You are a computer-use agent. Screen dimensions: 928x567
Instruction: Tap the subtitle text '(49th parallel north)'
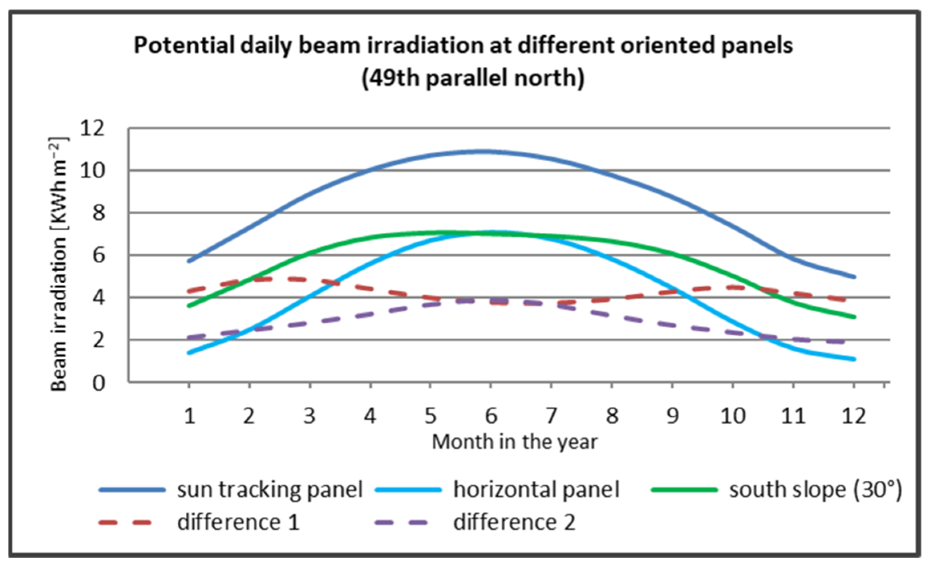tap(473, 77)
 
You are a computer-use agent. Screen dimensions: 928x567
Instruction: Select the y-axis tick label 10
tap(92, 171)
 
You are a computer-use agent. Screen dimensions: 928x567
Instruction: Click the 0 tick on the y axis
tap(99, 383)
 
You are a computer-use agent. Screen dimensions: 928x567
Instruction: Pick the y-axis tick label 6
tap(99, 255)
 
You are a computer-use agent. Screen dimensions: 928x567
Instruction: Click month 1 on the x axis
tap(189, 415)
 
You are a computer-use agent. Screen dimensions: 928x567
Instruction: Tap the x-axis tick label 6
tap(491, 415)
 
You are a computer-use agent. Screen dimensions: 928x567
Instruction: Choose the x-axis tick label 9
tap(672, 415)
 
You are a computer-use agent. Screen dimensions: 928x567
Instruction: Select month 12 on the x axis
tap(853, 415)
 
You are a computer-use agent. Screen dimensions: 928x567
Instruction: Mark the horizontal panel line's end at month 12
tap(854, 359)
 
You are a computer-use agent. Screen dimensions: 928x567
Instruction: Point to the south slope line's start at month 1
tap(189, 306)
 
